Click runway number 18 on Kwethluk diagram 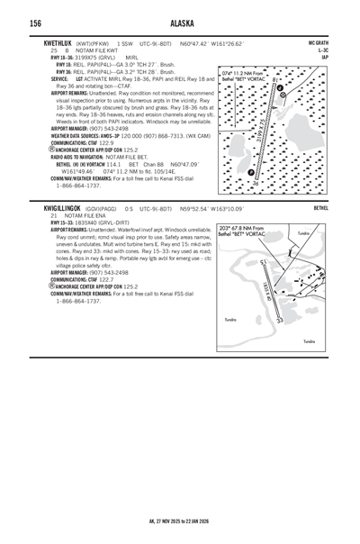275,81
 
